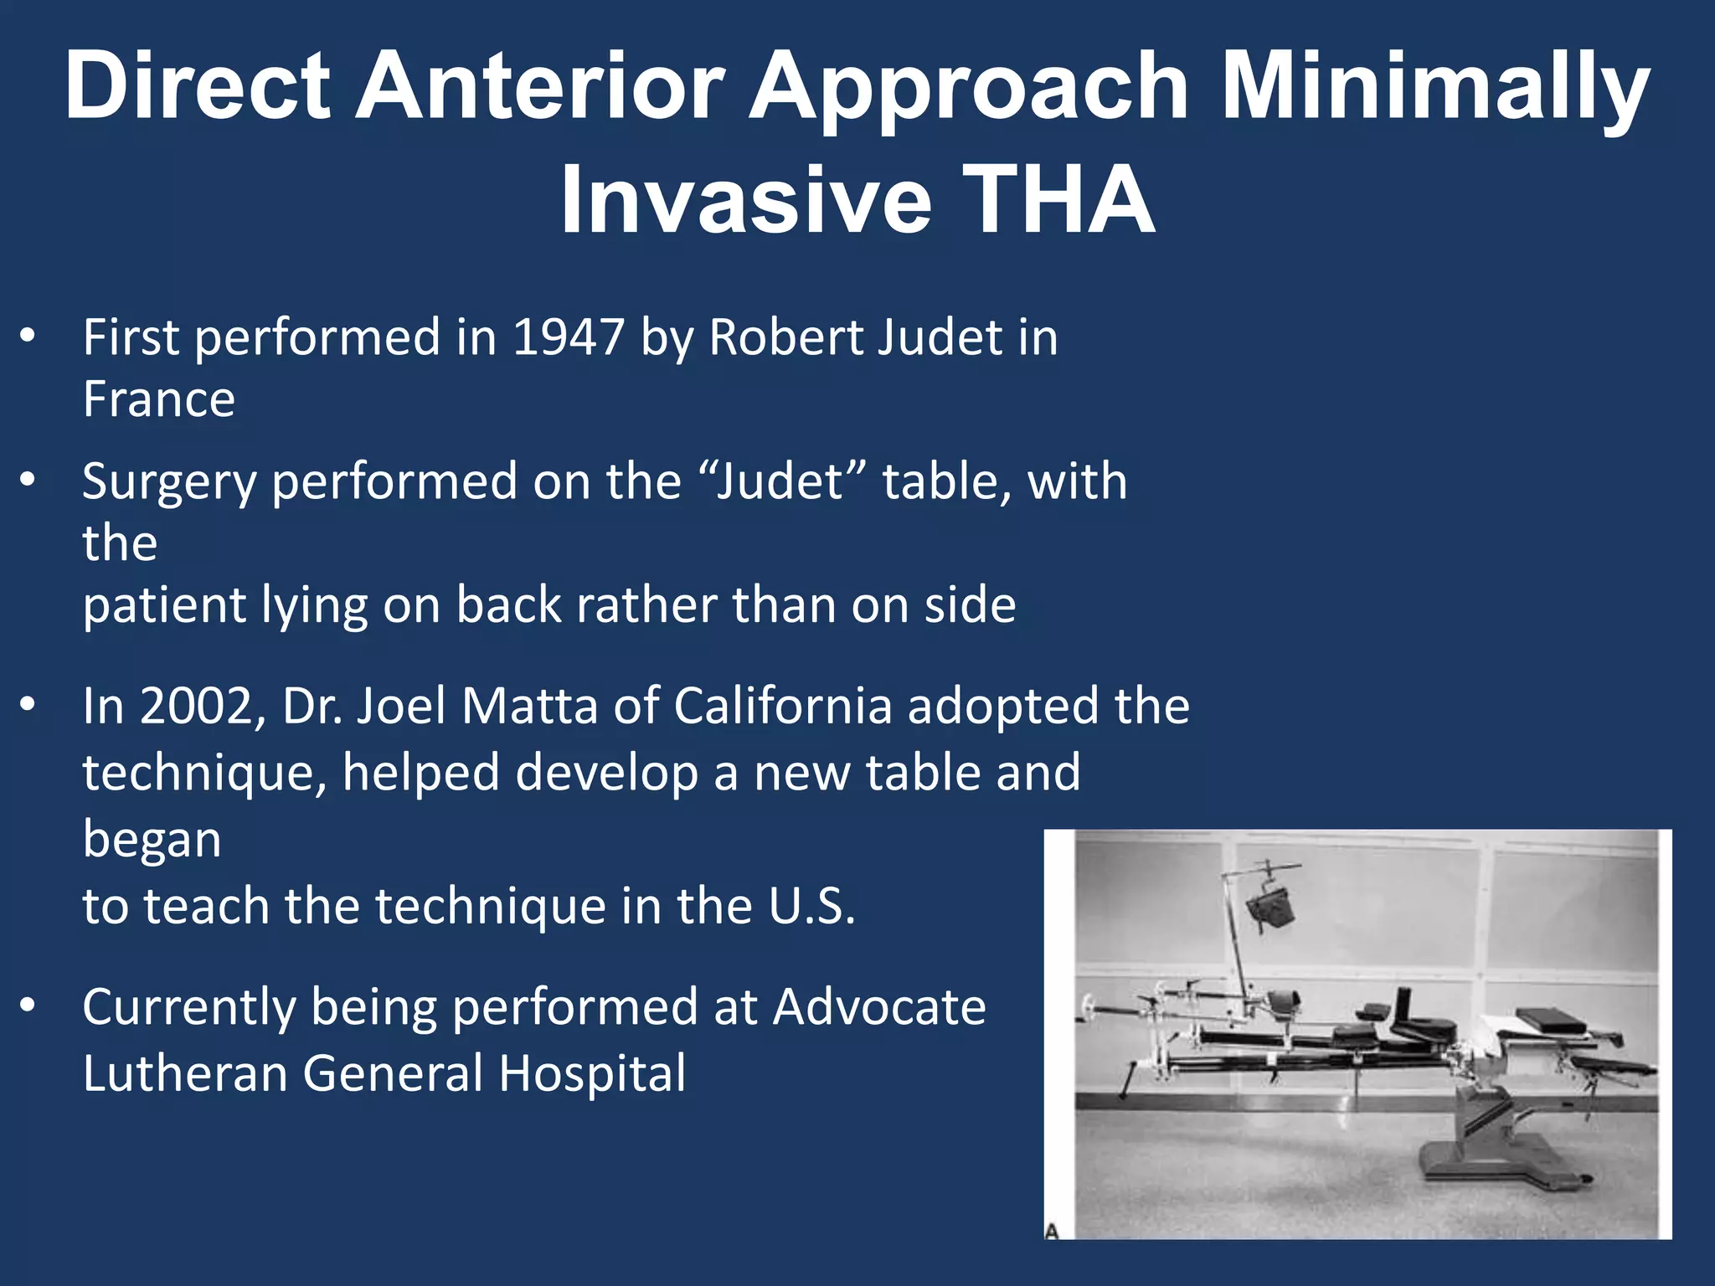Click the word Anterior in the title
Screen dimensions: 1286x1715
tap(539, 86)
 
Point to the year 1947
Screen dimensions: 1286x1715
tap(568, 337)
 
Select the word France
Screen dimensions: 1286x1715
tap(159, 399)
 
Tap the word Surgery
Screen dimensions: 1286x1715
tap(168, 483)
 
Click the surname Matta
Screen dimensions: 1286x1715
tap(528, 706)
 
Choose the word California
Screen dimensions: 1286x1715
tap(782, 706)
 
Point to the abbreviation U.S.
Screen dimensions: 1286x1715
tap(811, 906)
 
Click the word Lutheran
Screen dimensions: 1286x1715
tap(184, 1073)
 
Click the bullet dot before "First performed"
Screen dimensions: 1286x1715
tap(28, 337)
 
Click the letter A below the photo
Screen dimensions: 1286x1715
tap(1053, 1231)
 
